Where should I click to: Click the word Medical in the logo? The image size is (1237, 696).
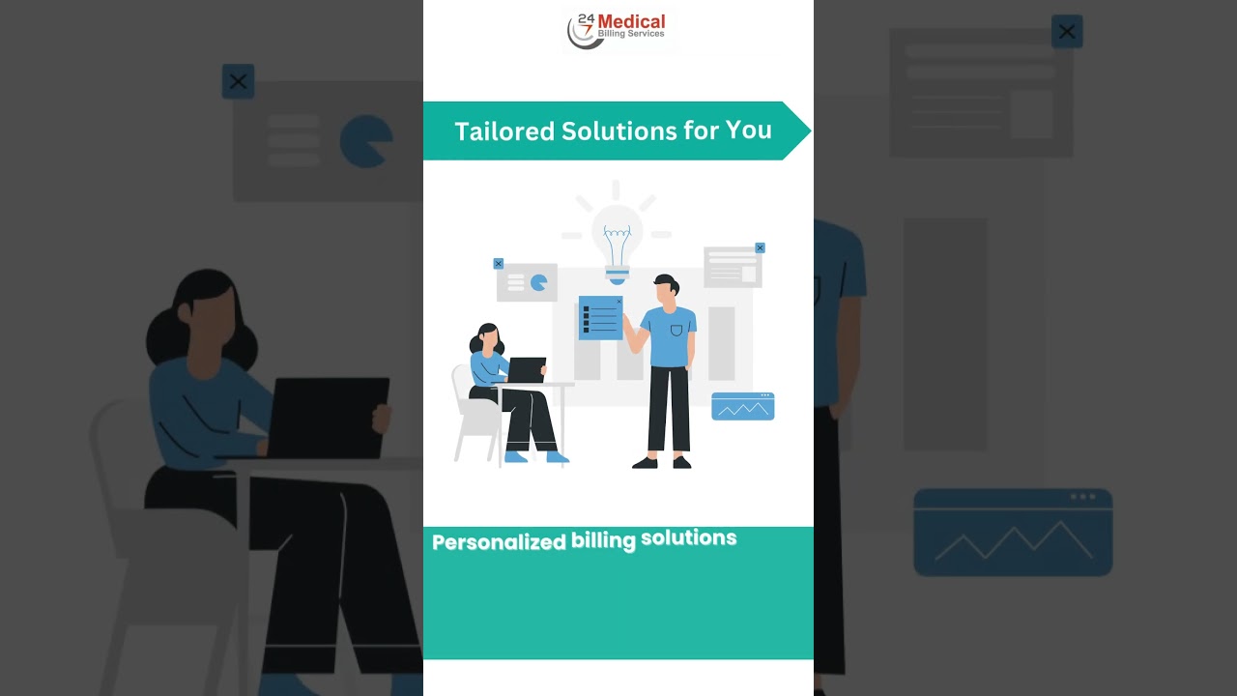[631, 21]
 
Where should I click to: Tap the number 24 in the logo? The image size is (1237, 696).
[585, 18]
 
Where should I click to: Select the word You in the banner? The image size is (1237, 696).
[749, 129]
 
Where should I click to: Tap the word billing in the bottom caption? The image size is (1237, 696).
[603, 540]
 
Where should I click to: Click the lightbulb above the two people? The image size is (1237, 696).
[617, 237]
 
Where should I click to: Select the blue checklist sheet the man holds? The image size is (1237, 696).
[600, 318]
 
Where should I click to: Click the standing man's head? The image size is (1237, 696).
[666, 289]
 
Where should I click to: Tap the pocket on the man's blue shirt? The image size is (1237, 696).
[676, 331]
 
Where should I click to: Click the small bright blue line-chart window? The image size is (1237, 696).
[742, 406]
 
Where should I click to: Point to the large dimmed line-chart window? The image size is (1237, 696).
[1013, 532]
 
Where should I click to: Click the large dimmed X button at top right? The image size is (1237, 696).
[1067, 32]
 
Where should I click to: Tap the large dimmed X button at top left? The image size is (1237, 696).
[238, 82]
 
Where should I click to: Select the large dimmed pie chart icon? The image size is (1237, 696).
[365, 141]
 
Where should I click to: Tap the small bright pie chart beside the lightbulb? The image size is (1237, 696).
[538, 282]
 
